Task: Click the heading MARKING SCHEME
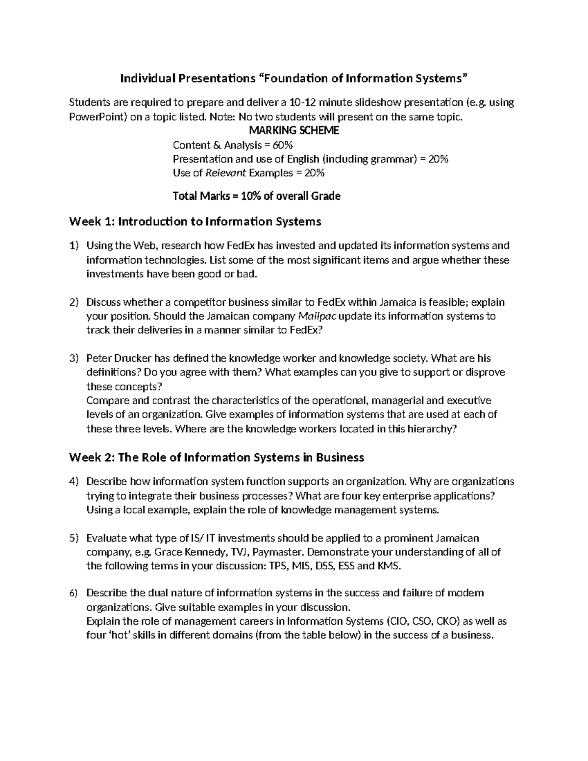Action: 294,131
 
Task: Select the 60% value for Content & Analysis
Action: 283,145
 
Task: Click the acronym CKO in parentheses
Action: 446,622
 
